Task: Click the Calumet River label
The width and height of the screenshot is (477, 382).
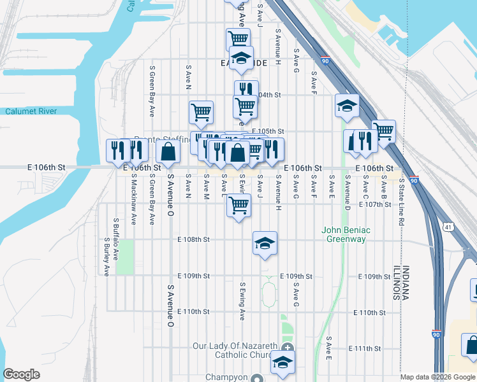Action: click(31, 111)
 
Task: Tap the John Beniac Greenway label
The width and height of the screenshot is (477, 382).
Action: click(346, 234)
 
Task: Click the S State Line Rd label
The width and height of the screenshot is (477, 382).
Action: click(402, 202)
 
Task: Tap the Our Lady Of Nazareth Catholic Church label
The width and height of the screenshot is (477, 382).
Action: click(236, 350)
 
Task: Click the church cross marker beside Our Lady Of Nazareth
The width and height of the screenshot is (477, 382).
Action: click(288, 348)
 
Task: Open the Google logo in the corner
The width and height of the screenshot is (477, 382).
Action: click(21, 374)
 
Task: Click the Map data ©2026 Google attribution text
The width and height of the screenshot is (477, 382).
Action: click(437, 377)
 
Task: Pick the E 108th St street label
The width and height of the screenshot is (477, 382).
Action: click(193, 240)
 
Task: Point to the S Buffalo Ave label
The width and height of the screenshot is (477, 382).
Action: click(115, 239)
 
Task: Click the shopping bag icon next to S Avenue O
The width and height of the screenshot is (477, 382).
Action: click(168, 152)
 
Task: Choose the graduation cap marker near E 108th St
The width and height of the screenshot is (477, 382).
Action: click(265, 243)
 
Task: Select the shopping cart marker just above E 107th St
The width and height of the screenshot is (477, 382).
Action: click(238, 205)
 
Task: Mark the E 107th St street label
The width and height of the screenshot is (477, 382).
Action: click(375, 204)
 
